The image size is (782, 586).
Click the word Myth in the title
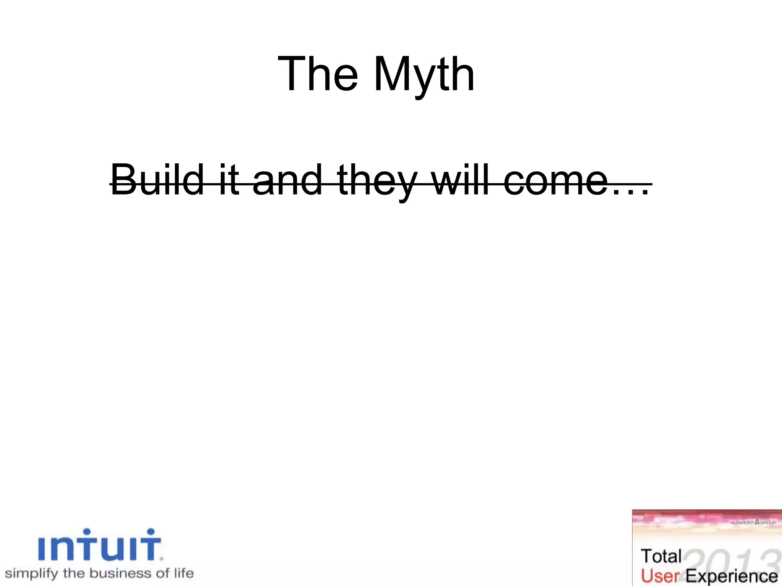[424, 74]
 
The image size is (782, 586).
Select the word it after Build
[229, 179]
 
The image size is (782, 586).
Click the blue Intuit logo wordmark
[100, 545]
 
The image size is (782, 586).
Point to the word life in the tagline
[184, 573]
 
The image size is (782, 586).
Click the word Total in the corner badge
[661, 556]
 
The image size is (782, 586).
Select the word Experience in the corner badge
[732, 576]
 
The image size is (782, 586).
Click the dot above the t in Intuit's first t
[87, 531]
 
